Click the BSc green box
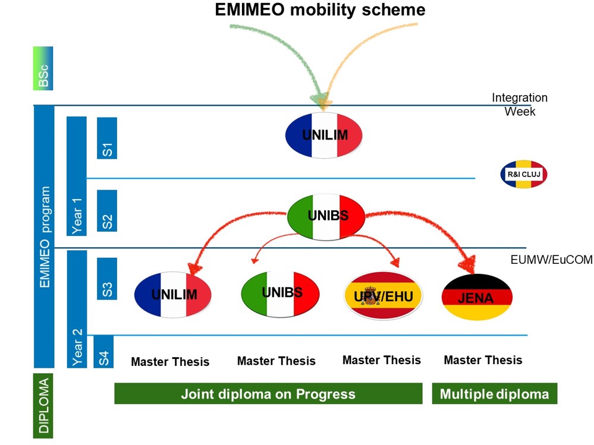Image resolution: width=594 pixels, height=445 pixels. tap(43, 68)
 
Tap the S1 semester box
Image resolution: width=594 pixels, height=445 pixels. tap(107, 138)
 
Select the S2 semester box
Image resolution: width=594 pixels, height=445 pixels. tap(107, 211)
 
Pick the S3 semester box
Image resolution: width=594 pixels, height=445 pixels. tap(107, 279)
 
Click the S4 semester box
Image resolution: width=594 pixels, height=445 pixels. tap(103, 352)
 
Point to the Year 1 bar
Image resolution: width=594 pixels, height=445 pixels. tap(77, 176)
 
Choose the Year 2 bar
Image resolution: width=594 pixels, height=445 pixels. tap(77, 309)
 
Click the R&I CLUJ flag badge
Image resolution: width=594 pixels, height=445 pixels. tap(523, 174)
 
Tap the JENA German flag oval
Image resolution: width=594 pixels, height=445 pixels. tap(477, 297)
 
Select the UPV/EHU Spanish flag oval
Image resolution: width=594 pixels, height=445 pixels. tap(383, 295)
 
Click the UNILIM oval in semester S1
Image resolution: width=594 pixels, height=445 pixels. tap(324, 135)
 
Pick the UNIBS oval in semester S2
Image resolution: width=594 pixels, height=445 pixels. tap(326, 217)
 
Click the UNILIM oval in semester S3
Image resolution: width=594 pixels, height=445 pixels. tap(173, 295)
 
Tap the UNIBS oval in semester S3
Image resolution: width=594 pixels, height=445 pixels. tap(280, 293)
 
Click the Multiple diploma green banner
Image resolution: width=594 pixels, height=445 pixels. tap(495, 393)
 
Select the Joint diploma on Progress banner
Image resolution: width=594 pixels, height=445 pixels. tap(268, 393)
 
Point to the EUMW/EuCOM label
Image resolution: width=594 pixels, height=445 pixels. tap(552, 260)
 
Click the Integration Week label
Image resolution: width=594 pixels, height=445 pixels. tap(520, 105)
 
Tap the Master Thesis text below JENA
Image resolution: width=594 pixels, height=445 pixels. tap(483, 360)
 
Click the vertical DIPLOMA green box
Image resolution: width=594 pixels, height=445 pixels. tap(43, 406)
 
